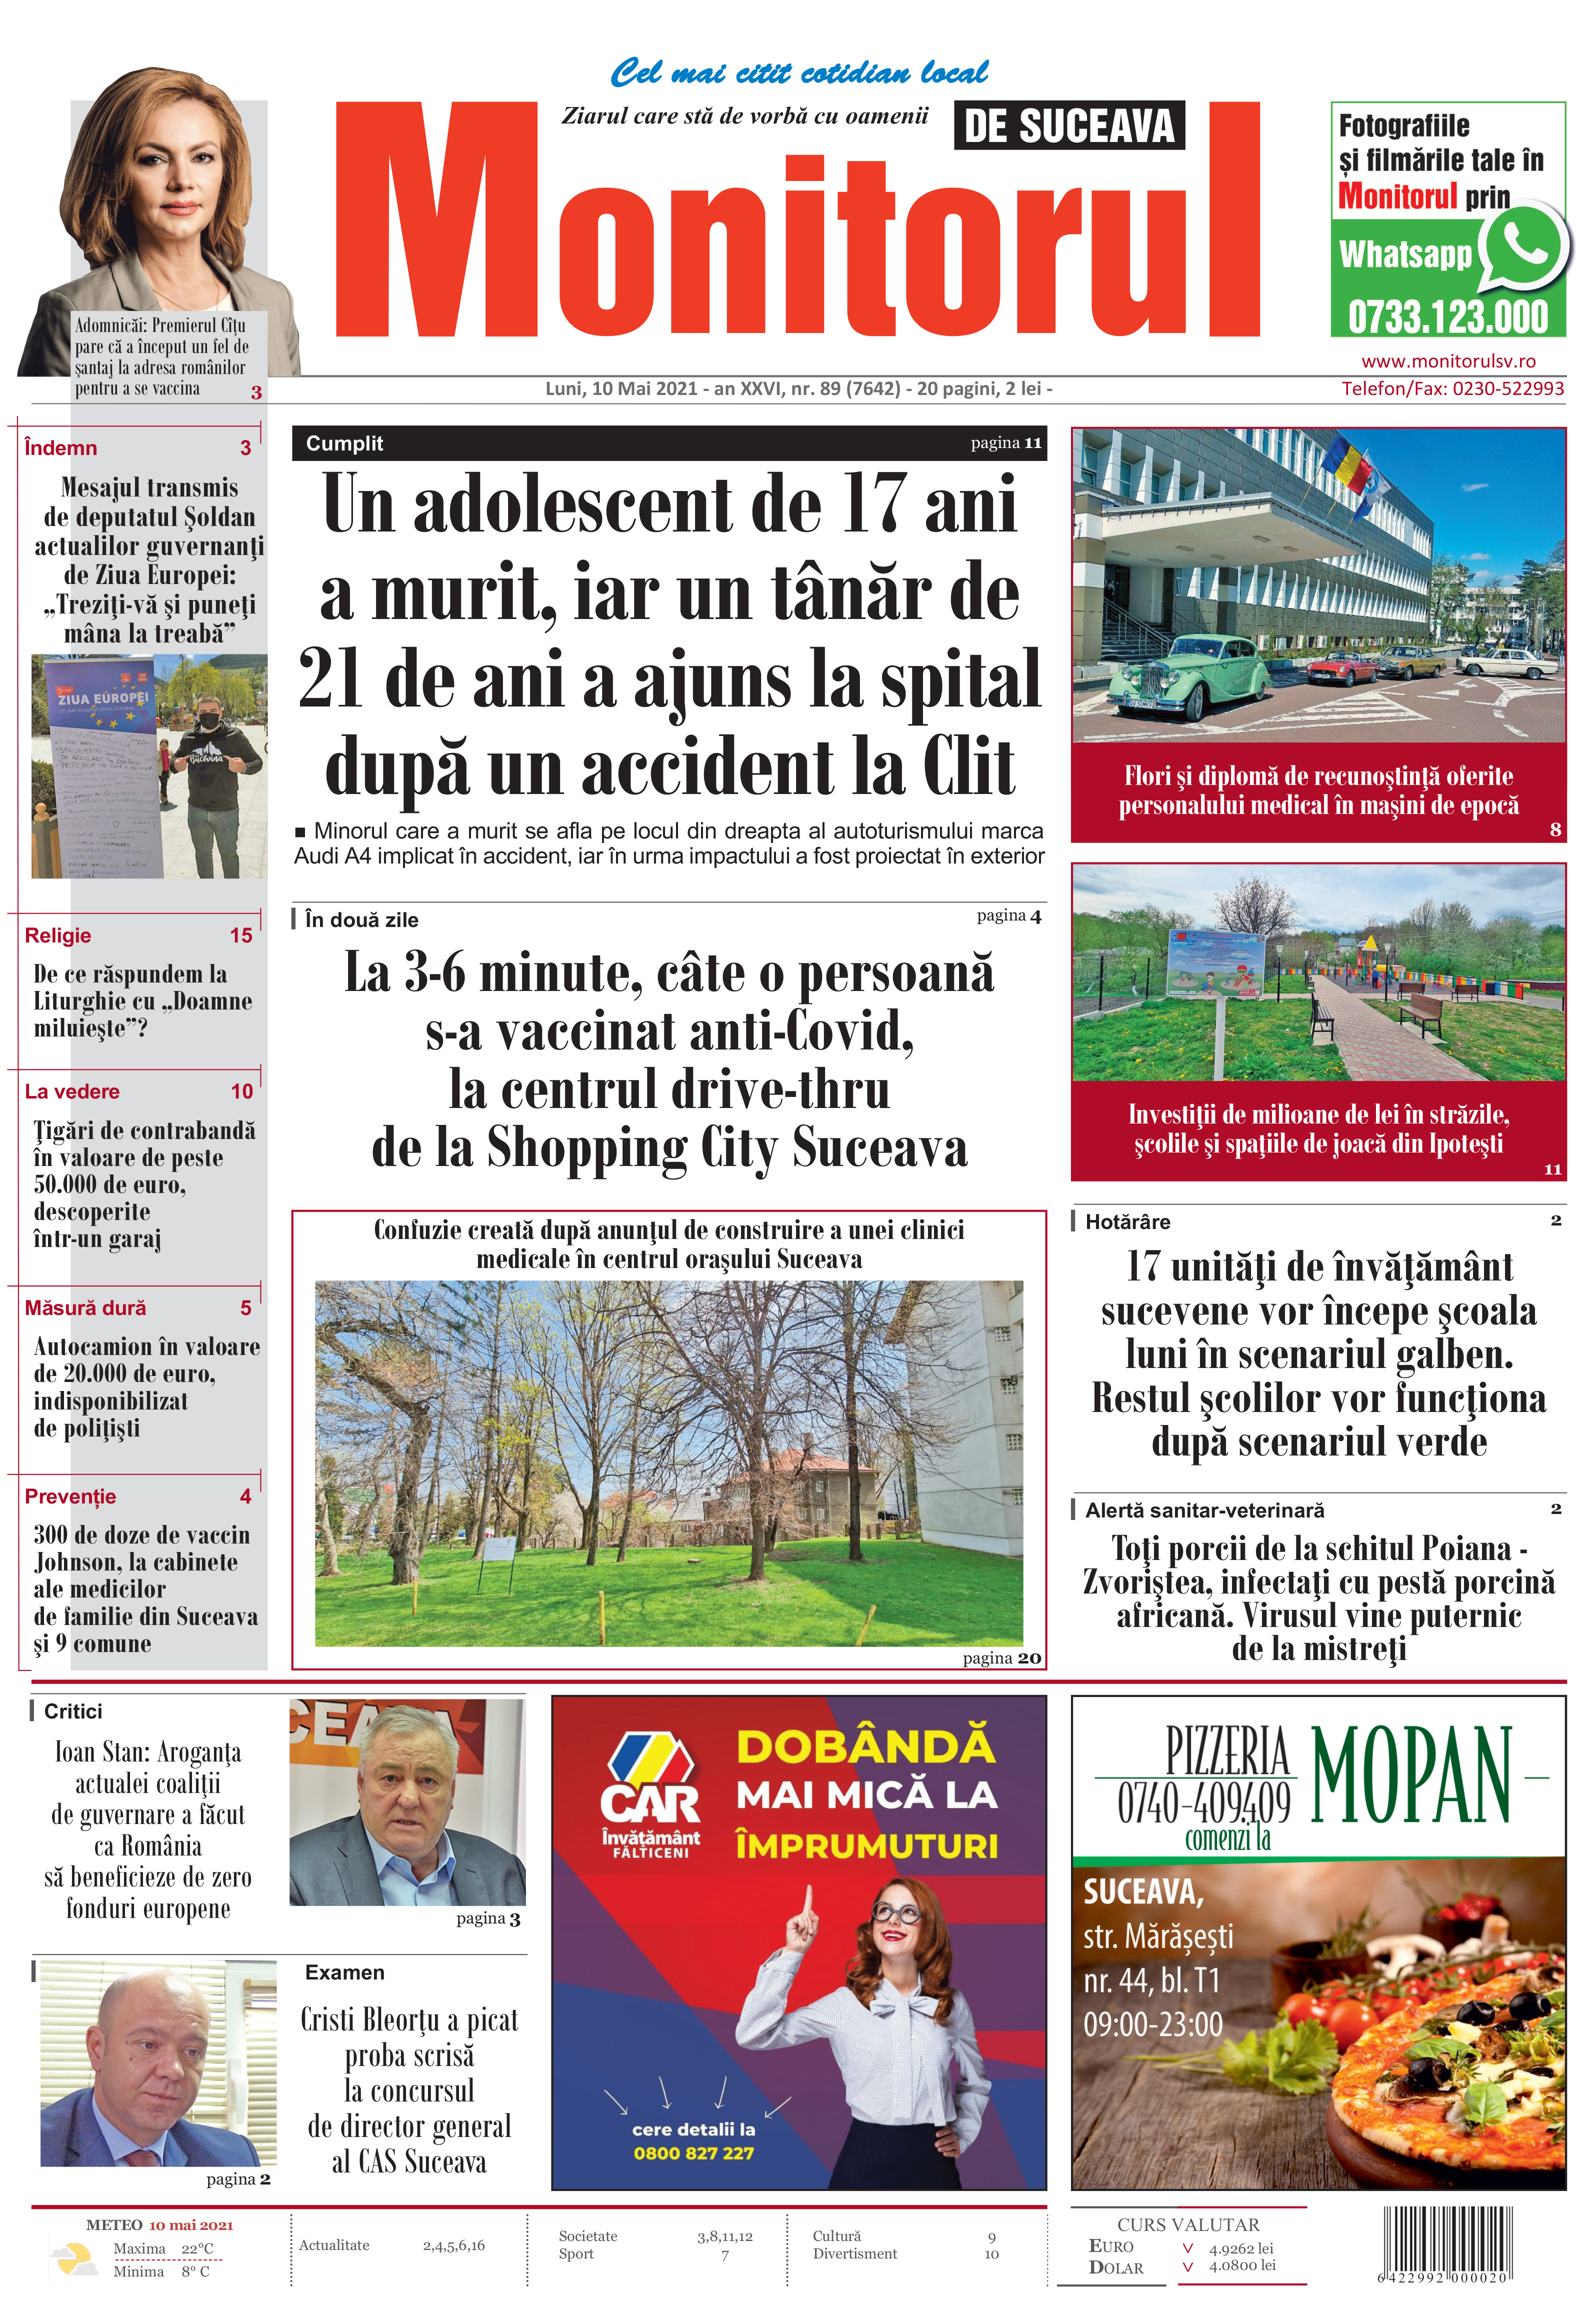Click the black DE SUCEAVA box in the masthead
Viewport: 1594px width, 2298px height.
pyautogui.click(x=1068, y=126)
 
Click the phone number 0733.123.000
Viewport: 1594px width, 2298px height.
pyautogui.click(x=1447, y=317)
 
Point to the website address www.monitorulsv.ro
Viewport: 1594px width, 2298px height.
pyautogui.click(x=1448, y=361)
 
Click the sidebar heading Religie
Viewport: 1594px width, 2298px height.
pyautogui.click(x=58, y=936)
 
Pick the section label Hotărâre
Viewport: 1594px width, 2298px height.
pyautogui.click(x=1127, y=1221)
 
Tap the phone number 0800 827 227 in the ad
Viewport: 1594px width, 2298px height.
pyautogui.click(x=693, y=2153)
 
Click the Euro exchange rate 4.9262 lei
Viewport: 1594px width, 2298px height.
pyautogui.click(x=1240, y=2248)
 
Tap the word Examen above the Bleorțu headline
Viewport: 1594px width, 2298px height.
pyautogui.click(x=344, y=1972)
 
